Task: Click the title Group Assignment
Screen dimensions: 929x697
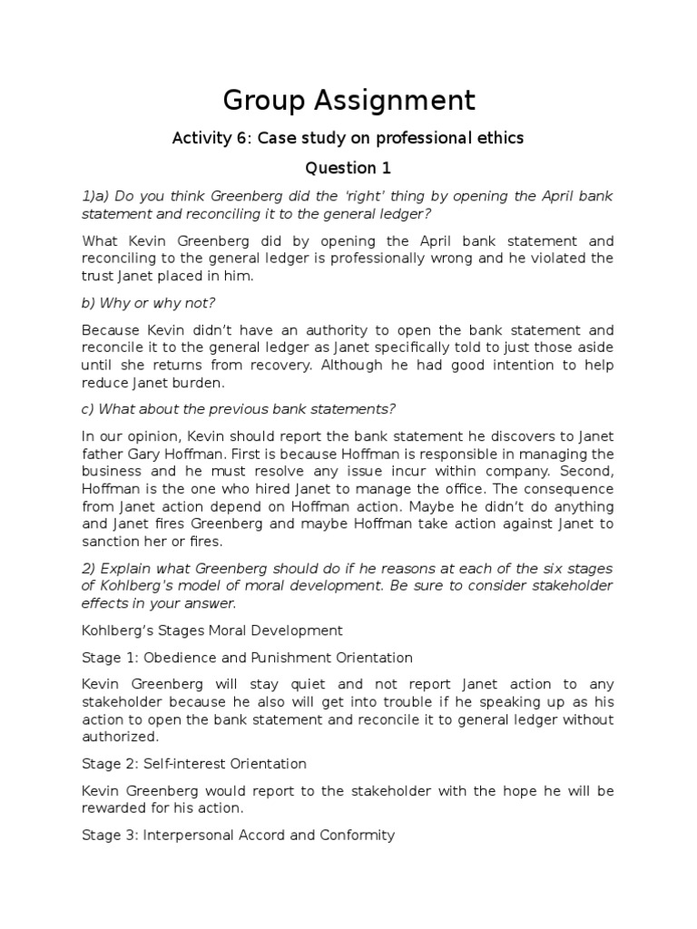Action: (348, 99)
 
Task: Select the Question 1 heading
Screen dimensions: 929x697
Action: (340, 168)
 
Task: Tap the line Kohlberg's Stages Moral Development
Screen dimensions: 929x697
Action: (212, 630)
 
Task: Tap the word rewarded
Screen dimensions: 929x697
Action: (113, 808)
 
